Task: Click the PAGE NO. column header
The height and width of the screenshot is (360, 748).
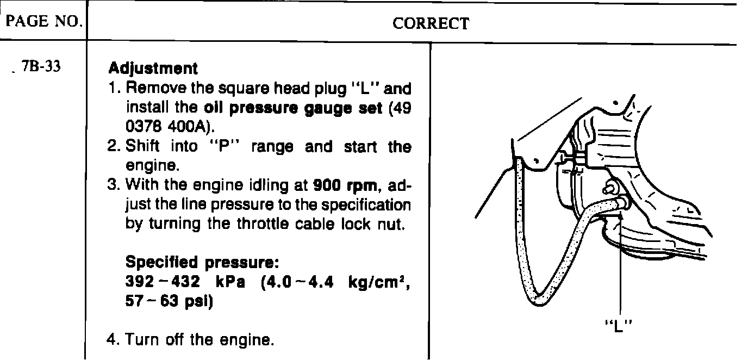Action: coord(42,24)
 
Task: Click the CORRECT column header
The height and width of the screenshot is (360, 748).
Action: coord(431,23)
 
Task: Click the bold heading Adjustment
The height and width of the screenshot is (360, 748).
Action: coord(153,69)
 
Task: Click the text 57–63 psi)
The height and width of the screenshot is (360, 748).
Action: coord(168,301)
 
